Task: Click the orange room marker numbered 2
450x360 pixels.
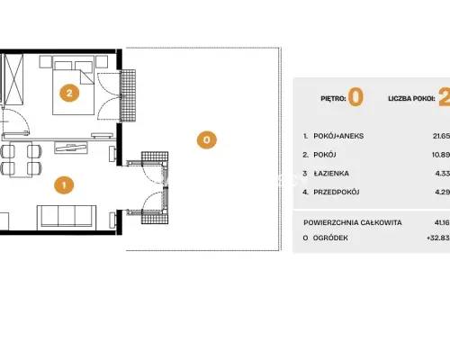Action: click(69, 93)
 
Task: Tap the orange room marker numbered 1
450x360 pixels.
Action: click(64, 184)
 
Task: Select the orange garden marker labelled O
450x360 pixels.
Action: click(207, 139)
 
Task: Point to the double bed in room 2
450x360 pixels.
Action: click(74, 88)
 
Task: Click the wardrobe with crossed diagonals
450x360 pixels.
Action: click(14, 79)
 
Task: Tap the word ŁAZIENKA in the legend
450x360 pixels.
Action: click(331, 174)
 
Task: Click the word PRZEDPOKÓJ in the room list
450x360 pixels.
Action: click(337, 192)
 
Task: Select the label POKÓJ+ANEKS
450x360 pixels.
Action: click(338, 136)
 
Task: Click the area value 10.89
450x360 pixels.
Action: click(441, 155)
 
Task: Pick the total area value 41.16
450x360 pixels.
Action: click(442, 222)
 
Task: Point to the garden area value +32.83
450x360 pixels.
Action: click(438, 238)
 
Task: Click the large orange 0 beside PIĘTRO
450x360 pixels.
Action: click(356, 97)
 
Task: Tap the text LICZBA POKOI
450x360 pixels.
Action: click(411, 98)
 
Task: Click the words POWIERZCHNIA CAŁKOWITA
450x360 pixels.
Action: click(353, 222)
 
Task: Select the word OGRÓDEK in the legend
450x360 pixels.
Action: click(330, 238)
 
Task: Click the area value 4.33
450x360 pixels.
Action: click(443, 174)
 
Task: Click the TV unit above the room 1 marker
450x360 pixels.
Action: click(71, 148)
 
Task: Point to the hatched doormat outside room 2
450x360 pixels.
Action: click(128, 95)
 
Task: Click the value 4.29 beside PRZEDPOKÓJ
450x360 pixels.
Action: click(443, 192)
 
